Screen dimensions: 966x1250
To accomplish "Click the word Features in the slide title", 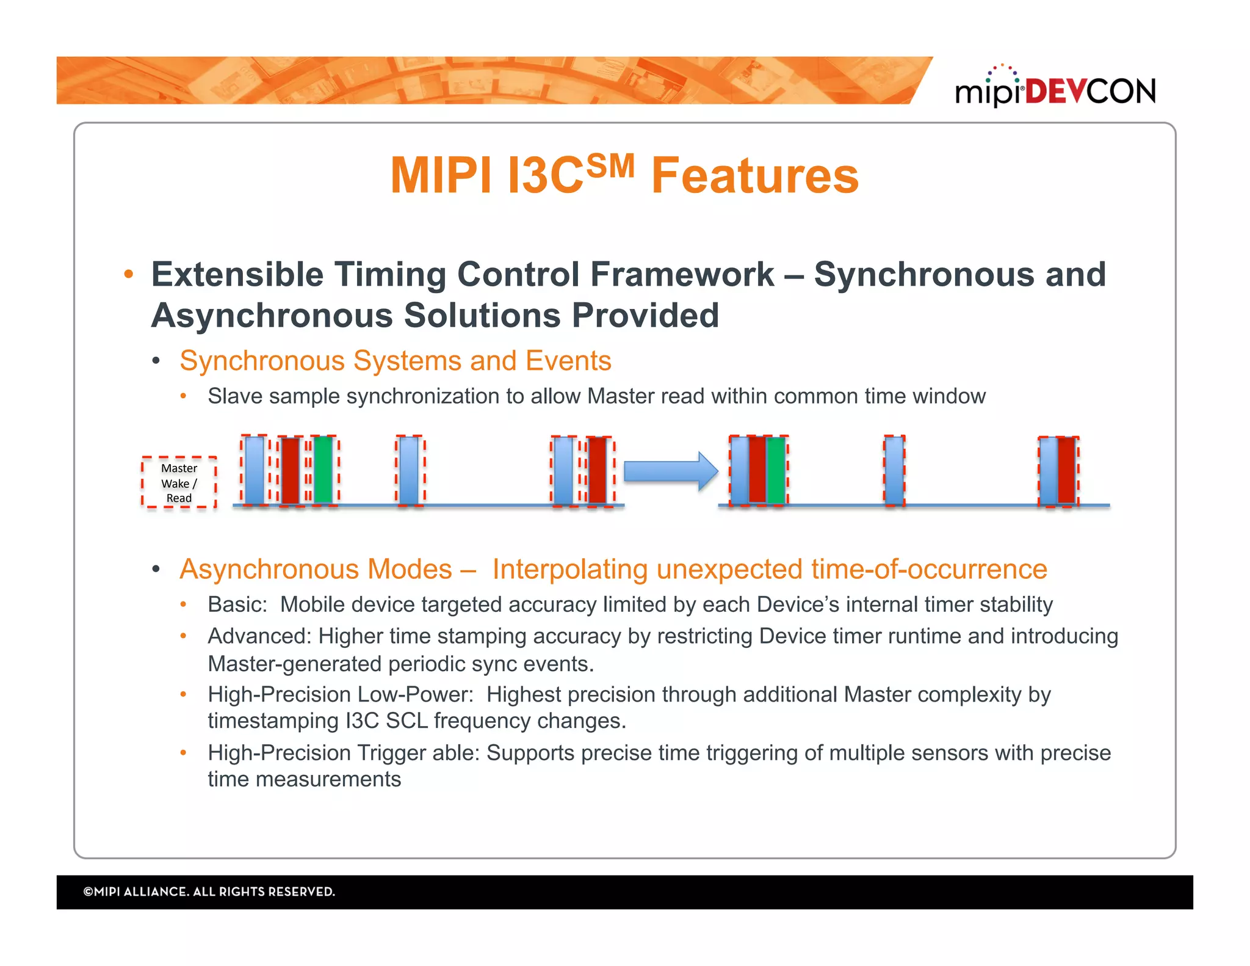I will point(754,176).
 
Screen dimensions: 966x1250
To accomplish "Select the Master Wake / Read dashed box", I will point(179,482).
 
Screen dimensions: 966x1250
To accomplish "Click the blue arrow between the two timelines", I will point(670,471).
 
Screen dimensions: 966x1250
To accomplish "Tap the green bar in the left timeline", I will point(323,470).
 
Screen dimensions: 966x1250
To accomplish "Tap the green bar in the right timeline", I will point(776,470).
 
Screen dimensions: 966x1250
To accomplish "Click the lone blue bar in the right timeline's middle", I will point(894,470).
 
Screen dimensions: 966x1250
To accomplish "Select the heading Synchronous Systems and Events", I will point(395,361).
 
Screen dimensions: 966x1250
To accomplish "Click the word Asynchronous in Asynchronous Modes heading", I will point(316,569).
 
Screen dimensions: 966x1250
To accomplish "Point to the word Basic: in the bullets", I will point(237,605).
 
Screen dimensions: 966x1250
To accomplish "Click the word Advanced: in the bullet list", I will point(259,636).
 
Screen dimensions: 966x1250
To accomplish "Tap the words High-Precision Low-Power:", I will point(341,695).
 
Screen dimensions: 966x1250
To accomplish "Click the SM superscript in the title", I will point(610,166).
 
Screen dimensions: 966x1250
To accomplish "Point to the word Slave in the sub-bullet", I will point(235,396).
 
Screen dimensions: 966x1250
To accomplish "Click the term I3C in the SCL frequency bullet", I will point(362,721).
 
